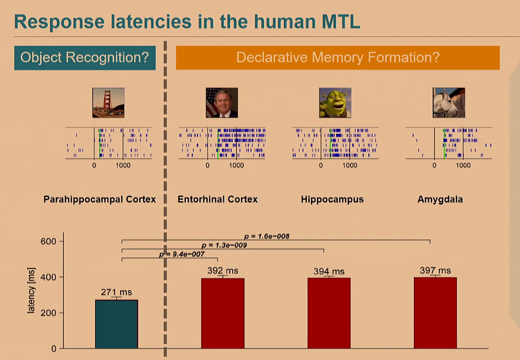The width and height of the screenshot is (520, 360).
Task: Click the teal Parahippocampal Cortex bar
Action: [x=116, y=324]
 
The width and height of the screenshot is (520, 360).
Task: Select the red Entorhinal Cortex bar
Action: [x=223, y=313]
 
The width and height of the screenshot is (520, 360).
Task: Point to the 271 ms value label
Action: [x=116, y=292]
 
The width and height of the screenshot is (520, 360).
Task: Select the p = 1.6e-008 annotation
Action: [x=267, y=236]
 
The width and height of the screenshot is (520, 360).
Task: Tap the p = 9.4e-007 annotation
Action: [x=182, y=254]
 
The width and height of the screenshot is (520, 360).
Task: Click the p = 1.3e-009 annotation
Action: [x=224, y=245]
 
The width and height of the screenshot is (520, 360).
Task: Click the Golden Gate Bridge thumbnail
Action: [x=109, y=103]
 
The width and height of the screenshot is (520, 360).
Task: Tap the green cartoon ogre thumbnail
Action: [x=335, y=103]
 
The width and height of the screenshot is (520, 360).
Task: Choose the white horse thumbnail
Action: [x=449, y=103]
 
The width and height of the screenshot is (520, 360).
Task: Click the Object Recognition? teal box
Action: [x=85, y=58]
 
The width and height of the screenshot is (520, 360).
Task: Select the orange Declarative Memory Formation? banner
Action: [x=337, y=58]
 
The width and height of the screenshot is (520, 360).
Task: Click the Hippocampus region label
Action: [x=332, y=199]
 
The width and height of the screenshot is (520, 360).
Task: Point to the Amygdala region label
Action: [x=440, y=199]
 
